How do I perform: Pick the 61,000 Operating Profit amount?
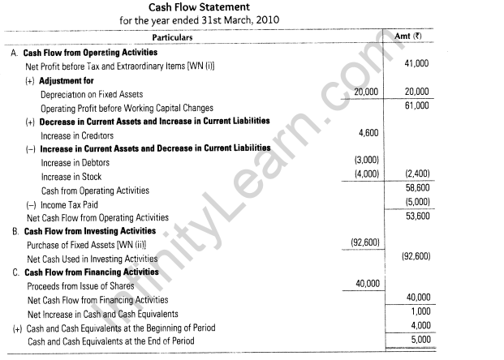[x=415, y=106]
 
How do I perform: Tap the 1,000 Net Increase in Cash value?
[x=417, y=311]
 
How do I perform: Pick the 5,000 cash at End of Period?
[x=417, y=340]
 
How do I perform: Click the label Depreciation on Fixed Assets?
[x=92, y=94]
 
